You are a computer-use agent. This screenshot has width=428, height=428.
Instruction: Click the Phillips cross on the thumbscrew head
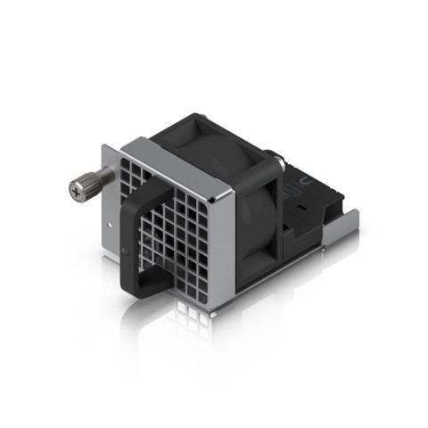pos(75,189)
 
